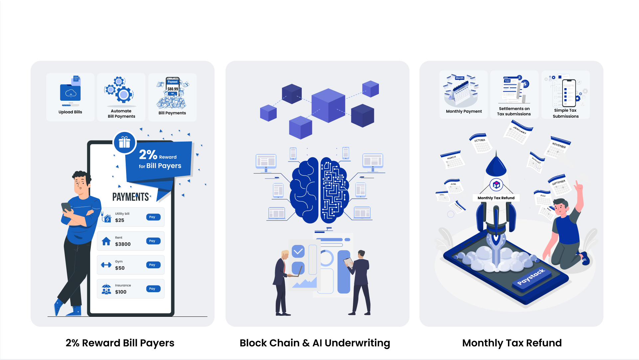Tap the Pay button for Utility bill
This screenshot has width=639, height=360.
coord(153,217)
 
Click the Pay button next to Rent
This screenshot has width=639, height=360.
coord(153,241)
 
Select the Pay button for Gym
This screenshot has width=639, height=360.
coord(153,265)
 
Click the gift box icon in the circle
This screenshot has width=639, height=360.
coord(125,143)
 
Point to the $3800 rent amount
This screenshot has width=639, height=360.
coord(123,244)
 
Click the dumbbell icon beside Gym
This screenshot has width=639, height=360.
coord(106,265)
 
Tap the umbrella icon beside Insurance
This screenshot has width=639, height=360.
coord(106,289)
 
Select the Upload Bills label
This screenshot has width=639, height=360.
coord(70,112)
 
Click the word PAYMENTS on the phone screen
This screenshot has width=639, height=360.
coord(131,197)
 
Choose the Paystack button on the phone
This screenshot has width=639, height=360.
coord(531,277)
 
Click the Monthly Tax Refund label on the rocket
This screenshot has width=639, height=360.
coord(496,198)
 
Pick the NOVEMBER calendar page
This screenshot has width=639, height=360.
coord(559,147)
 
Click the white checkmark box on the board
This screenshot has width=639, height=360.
coord(298,251)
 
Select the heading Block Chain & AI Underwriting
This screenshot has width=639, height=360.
coord(315,343)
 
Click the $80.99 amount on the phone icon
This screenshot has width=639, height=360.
coord(173,89)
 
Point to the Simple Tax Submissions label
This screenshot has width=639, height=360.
coord(565,113)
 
